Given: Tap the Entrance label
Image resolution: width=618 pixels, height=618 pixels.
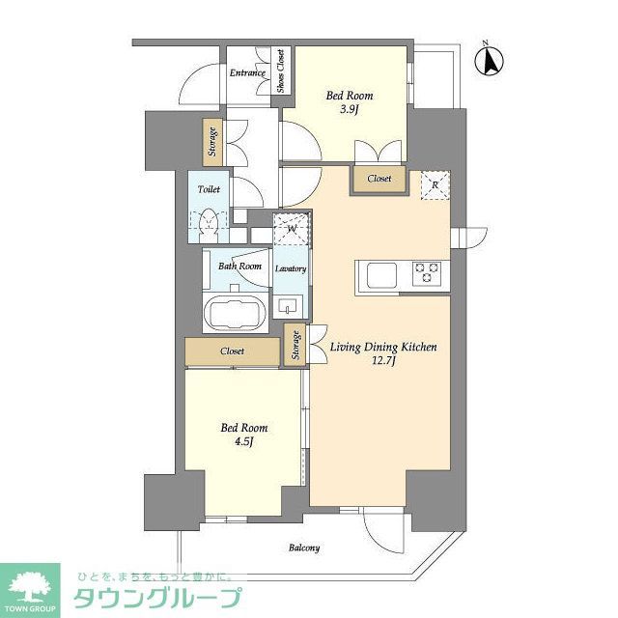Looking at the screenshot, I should pos(246,73).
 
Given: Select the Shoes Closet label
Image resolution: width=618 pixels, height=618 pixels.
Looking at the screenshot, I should pos(281,70).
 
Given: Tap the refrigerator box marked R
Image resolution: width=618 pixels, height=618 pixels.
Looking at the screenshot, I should pos(435,184).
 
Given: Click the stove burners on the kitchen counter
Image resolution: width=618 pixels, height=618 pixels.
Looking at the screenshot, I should pos(427,273).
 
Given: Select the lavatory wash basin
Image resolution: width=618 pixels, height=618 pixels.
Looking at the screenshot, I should pos(288,306).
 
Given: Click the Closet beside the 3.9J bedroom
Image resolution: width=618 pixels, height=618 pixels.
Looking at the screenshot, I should pos(379,179).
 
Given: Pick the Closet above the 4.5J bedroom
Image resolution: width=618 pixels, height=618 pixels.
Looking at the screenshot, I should pos(233,351).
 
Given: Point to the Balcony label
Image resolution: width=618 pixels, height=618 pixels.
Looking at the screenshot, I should pos(303,548).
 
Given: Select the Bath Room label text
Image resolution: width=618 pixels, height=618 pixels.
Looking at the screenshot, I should pos(239,267).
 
